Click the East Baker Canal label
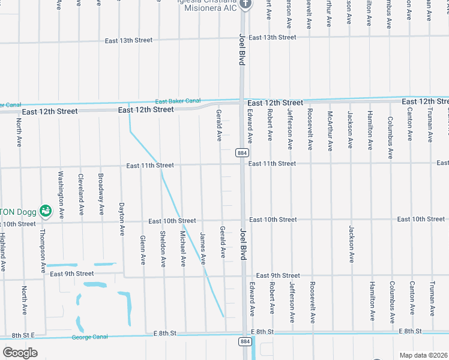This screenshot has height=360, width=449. (x=178, y=101)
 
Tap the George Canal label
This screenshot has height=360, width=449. (x=90, y=337)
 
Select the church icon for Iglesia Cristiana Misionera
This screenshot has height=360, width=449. (x=245, y=4)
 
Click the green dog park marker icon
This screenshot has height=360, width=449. (x=45, y=211)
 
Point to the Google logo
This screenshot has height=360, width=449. (x=19, y=352)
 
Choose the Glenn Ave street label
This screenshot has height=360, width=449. (x=143, y=250)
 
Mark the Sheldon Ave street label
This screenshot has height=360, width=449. (x=163, y=248)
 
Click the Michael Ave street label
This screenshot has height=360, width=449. (x=183, y=248)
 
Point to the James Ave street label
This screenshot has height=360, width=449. (x=203, y=249)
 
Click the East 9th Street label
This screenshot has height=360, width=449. (x=73, y=274)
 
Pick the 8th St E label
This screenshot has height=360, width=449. (x=24, y=334)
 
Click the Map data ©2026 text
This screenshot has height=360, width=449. (x=424, y=355)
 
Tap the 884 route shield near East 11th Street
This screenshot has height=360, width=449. (x=242, y=154)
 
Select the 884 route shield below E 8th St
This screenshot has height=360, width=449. (x=244, y=341)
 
